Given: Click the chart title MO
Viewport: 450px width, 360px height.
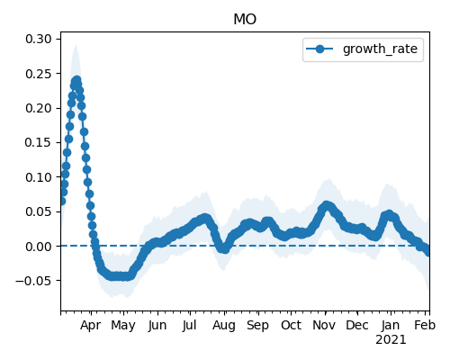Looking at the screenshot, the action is [x=245, y=20].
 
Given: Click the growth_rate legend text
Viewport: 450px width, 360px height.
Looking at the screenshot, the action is [x=380, y=49].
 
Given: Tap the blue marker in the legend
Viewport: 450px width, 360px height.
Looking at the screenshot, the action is [x=319, y=49].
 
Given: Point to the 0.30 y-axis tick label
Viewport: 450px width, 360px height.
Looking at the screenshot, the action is [x=39, y=39].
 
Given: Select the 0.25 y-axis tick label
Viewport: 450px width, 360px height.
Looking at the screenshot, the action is [x=39, y=74].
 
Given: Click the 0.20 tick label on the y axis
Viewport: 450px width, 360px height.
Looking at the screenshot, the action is [x=39, y=108].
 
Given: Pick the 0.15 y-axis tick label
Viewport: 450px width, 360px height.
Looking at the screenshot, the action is [x=39, y=142].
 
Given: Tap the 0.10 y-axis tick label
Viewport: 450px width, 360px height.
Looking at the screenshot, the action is [x=39, y=177].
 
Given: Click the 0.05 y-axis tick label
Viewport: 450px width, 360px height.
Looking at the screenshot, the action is [x=39, y=211].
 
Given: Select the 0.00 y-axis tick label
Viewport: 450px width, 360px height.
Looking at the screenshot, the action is [x=39, y=247].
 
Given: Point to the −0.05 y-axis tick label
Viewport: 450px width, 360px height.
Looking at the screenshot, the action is [x=33, y=281].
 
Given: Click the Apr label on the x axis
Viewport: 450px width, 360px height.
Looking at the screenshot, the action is [x=90, y=326].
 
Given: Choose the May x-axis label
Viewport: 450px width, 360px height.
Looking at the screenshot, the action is [x=123, y=326].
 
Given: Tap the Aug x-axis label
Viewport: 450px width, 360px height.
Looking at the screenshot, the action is [x=224, y=326].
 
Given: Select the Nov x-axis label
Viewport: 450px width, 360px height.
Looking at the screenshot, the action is [x=324, y=326].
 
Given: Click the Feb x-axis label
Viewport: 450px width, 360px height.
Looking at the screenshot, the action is [x=425, y=326].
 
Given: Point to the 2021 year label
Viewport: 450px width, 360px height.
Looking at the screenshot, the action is [x=391, y=340].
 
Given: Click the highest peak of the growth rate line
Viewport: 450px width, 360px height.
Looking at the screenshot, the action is [x=76, y=80].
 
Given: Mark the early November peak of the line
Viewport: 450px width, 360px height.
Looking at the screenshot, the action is [x=327, y=205].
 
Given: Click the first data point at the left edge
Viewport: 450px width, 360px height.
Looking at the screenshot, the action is [x=62, y=202].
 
